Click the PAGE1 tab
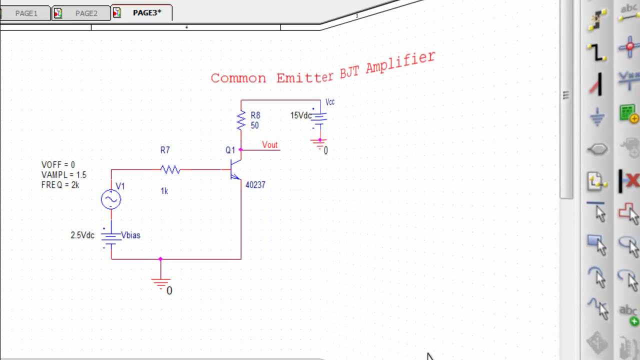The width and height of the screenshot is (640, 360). point(26,13)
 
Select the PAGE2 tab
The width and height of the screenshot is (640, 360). point(86,13)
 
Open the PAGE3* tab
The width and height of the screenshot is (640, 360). point(146,13)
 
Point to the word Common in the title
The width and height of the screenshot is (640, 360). point(238,78)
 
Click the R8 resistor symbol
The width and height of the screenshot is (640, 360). point(241,120)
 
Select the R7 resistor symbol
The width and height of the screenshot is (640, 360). point(170,169)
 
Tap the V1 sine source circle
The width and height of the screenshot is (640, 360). point(111,199)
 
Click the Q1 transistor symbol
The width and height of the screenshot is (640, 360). point(235,169)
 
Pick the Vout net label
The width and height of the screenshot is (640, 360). point(269,145)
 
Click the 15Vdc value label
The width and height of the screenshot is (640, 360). point(300,115)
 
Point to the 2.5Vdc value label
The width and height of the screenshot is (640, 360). point(82,235)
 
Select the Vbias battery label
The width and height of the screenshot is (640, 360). point(131,235)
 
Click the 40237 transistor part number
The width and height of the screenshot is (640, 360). point(255,185)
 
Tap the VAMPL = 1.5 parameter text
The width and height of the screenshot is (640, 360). point(63,175)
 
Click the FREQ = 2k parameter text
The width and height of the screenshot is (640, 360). point(60,185)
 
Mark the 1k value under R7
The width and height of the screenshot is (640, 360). point(164,191)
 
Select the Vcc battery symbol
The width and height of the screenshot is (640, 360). point(319,118)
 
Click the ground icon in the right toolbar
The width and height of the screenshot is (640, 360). point(597,117)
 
